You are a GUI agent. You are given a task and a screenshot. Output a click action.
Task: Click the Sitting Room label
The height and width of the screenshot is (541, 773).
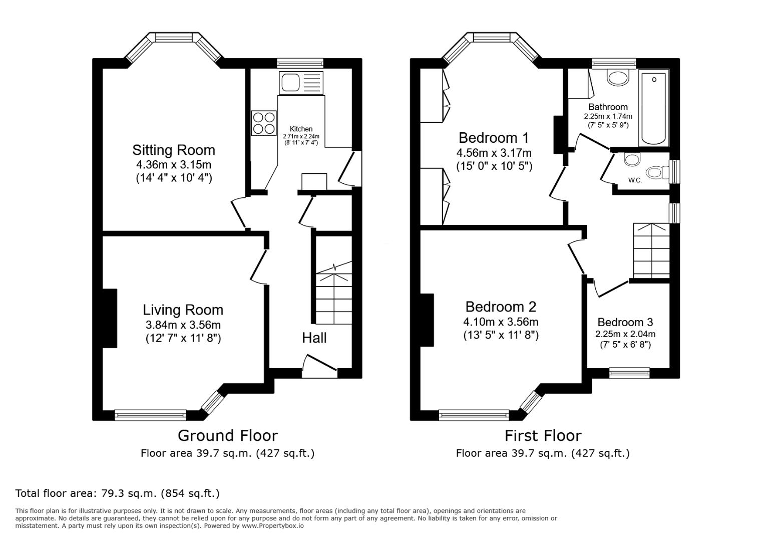click(x=173, y=150)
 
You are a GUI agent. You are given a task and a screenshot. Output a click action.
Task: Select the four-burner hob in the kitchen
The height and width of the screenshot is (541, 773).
click(x=263, y=123)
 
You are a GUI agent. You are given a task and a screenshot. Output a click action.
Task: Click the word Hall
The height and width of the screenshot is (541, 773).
click(x=314, y=338)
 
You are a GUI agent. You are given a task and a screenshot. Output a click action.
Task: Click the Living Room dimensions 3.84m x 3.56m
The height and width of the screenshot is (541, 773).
click(x=183, y=325)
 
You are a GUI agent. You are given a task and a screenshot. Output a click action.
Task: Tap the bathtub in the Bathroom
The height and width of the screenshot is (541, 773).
click(x=654, y=108)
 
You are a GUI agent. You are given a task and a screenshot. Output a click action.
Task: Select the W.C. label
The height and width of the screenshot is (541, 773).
click(x=635, y=180)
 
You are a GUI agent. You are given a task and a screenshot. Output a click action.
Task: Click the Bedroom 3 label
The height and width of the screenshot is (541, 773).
click(x=625, y=322)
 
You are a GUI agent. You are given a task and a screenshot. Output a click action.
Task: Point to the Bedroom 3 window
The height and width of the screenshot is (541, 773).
click(x=629, y=373)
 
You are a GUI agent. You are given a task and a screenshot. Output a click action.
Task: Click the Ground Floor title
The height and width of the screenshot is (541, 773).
click(x=227, y=435)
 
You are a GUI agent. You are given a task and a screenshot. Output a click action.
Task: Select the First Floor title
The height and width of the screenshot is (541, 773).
click(x=543, y=435)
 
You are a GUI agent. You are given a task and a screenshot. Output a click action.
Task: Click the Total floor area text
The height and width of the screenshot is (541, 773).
click(x=117, y=493)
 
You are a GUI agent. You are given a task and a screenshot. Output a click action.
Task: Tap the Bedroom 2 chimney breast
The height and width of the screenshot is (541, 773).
click(x=427, y=320)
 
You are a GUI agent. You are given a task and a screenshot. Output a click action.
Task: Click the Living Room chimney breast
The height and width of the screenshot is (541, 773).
click(x=110, y=318)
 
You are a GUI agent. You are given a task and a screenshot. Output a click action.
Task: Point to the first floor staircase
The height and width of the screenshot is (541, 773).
click(x=651, y=250)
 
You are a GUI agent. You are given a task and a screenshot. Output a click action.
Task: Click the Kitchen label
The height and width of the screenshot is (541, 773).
click(x=301, y=129)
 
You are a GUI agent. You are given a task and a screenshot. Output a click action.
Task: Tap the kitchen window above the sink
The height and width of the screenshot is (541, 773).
click(x=300, y=63)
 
